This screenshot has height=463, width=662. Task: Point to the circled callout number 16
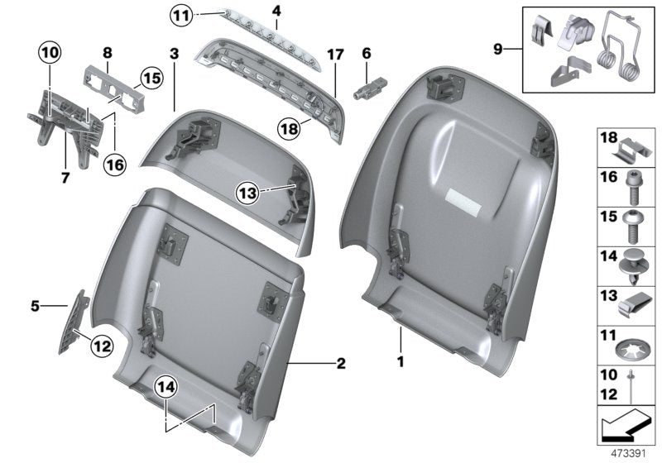(114, 165)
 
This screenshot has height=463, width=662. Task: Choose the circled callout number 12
(101, 346)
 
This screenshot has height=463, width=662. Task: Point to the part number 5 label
(36, 305)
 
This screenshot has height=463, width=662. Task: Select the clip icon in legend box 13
(633, 306)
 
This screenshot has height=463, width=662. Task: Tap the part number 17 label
(334, 55)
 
